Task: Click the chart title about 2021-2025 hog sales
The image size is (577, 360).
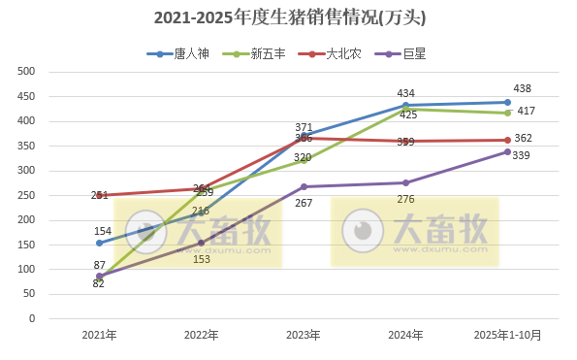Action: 289,17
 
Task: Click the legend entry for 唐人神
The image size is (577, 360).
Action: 176,54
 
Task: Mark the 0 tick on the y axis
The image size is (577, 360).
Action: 32,318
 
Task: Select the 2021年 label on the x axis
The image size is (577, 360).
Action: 99,335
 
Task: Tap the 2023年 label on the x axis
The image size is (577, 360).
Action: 304,335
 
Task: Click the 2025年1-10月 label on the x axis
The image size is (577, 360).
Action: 507,335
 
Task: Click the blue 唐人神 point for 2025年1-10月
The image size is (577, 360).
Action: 507,102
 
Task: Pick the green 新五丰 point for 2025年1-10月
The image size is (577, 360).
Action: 507,113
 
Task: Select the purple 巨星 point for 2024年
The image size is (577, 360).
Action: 405,182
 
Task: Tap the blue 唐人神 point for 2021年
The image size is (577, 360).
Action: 99,243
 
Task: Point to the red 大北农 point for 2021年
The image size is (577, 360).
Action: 99,195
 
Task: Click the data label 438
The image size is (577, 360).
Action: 522,89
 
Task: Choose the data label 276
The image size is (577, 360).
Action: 405,199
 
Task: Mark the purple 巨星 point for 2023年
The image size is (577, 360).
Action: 304,186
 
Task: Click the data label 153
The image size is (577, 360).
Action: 201,259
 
